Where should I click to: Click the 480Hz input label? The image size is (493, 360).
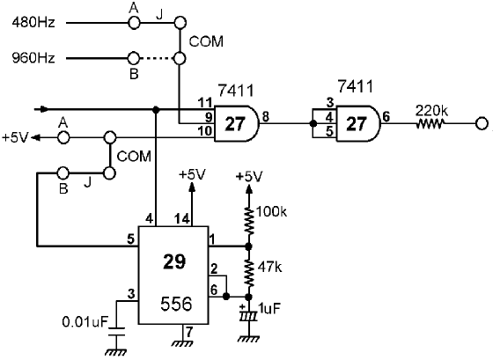(33, 23)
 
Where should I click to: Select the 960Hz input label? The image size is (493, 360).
(33, 58)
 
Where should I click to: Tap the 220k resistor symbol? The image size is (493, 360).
(430, 123)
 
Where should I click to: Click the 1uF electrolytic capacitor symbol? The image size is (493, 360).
(248, 316)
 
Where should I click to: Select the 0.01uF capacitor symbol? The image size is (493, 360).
(116, 332)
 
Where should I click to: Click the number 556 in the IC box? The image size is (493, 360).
(176, 304)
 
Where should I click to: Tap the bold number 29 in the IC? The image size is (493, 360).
(174, 261)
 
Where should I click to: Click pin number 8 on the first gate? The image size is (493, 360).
(266, 117)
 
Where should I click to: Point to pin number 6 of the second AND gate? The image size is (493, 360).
(386, 117)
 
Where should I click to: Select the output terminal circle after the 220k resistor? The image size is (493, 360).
(482, 123)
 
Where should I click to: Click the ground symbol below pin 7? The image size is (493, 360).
(182, 343)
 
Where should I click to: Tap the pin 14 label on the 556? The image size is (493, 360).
(182, 219)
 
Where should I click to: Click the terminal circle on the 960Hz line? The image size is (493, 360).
(134, 58)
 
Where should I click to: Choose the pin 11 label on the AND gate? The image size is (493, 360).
(205, 103)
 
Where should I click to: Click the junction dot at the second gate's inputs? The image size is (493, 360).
(313, 123)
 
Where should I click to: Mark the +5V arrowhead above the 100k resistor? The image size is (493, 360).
(249, 188)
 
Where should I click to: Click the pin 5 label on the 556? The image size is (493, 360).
(131, 239)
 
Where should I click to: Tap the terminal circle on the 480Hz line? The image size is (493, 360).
(134, 23)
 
